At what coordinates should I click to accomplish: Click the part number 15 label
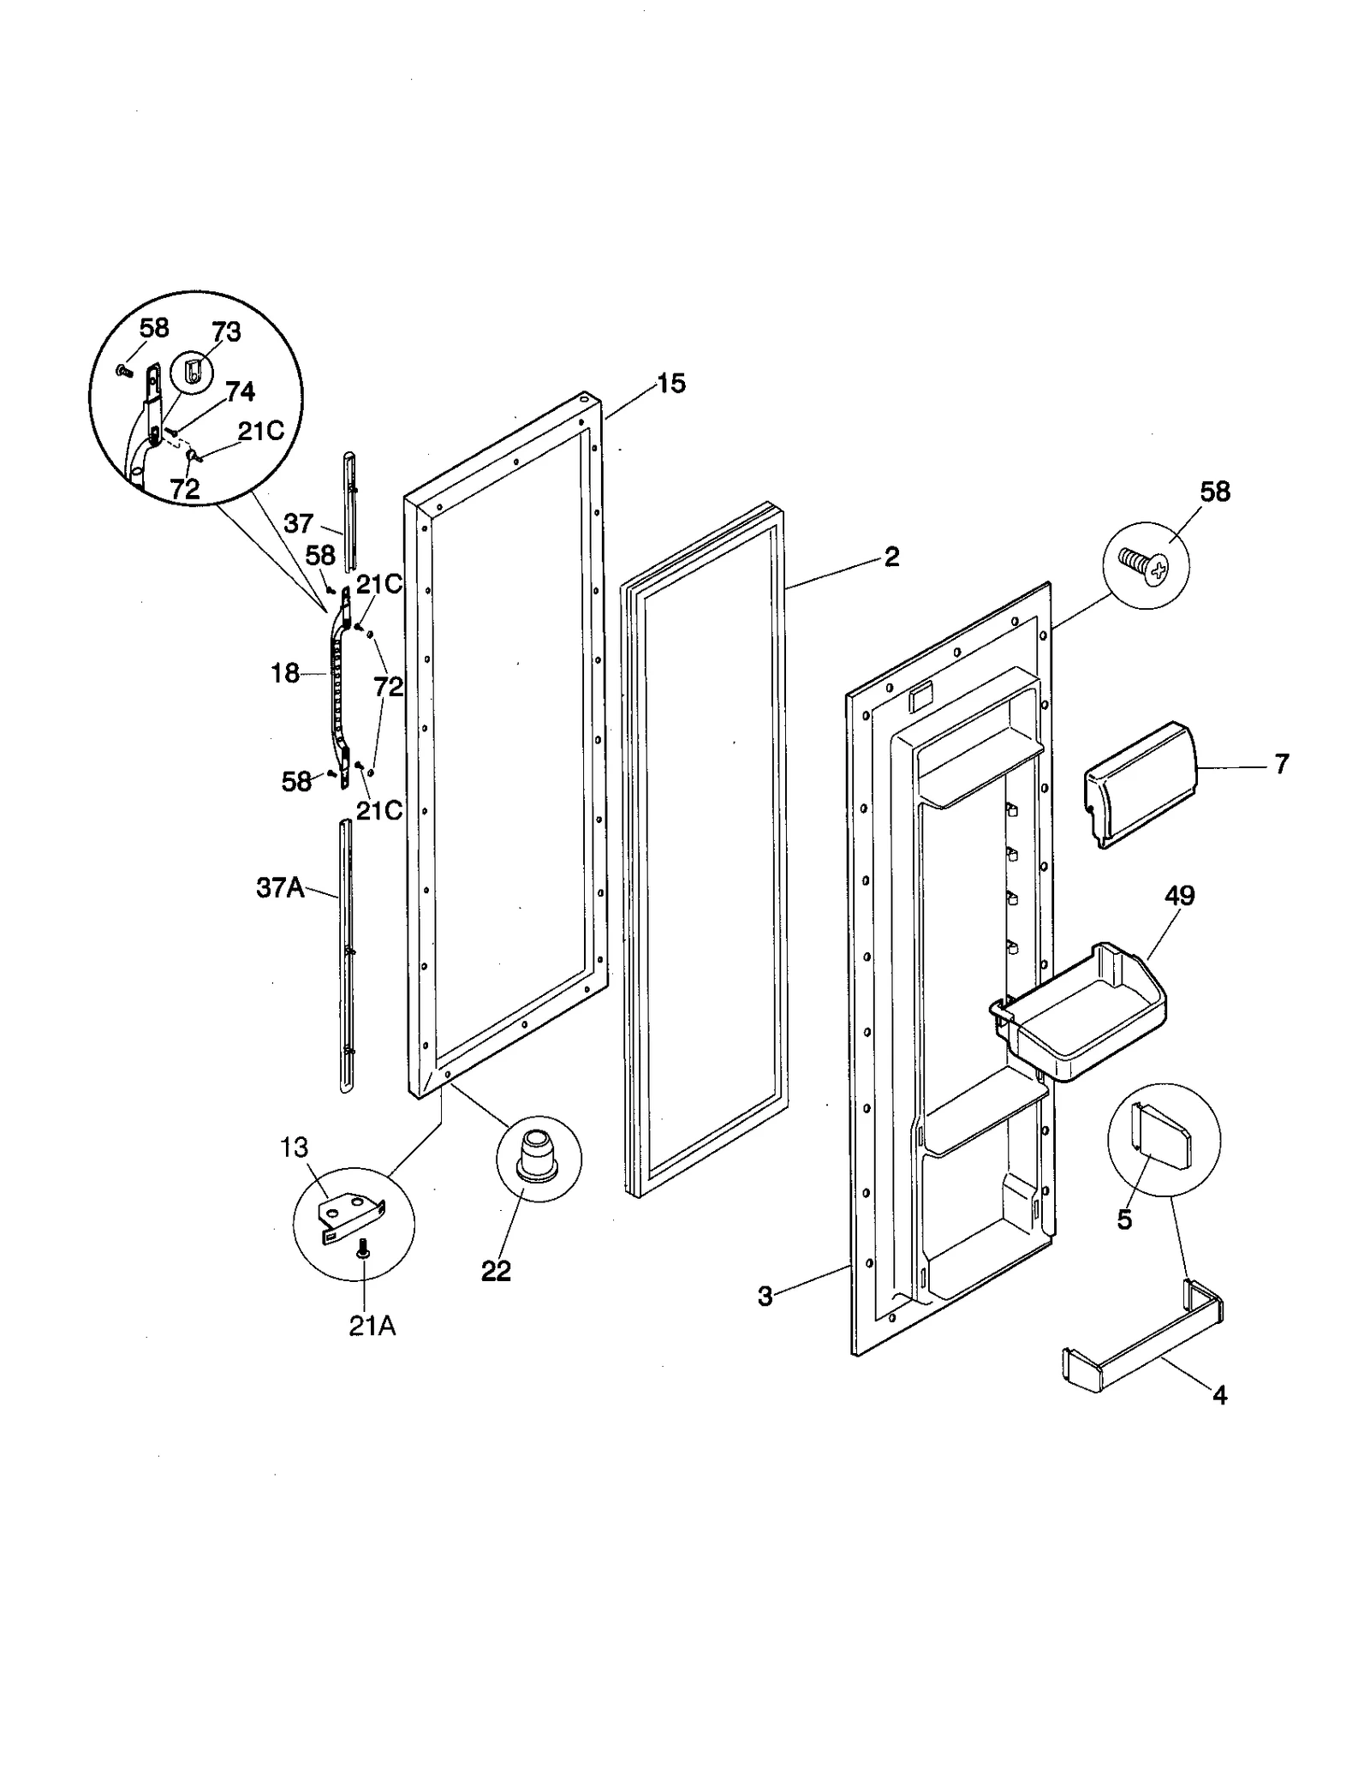(671, 384)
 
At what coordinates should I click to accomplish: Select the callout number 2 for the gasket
(891, 557)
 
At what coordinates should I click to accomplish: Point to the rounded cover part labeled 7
(1139, 784)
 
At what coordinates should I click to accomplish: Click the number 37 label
(299, 522)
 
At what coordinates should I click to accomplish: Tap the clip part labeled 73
(194, 373)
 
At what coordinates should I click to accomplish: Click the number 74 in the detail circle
(241, 391)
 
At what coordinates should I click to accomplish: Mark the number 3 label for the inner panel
(765, 1297)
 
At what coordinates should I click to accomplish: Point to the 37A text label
(280, 888)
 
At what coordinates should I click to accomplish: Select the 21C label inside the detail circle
(261, 431)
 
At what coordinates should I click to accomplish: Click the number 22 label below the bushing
(497, 1271)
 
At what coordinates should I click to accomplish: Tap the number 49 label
(1179, 896)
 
